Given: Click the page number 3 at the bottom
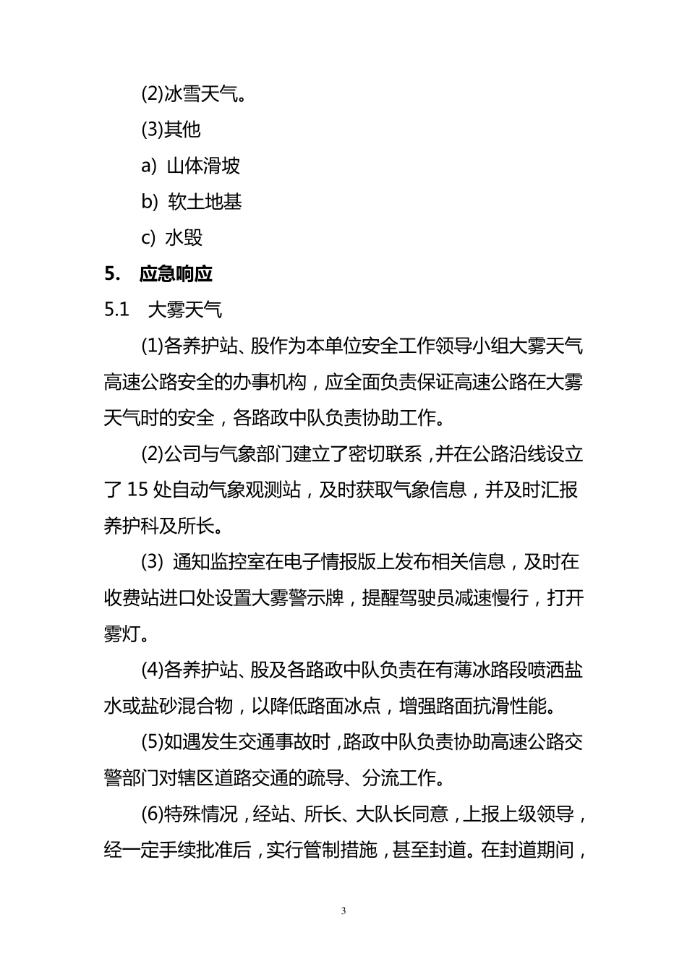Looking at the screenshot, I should [x=343, y=911].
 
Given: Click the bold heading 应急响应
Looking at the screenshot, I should [x=176, y=274].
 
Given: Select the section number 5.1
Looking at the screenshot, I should [x=116, y=310].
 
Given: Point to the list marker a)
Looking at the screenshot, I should [x=149, y=166].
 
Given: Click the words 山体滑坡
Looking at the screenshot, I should [x=203, y=166].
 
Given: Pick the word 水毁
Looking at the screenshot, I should [x=184, y=238].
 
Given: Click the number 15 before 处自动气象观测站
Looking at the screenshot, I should [x=137, y=490].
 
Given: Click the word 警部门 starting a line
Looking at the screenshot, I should [x=131, y=778].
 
